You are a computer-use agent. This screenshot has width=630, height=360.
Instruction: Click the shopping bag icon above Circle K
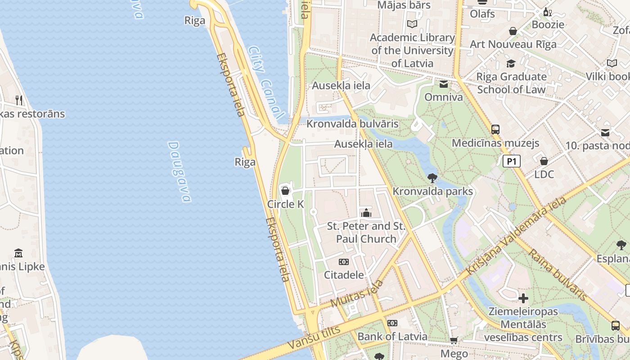tap(285, 191)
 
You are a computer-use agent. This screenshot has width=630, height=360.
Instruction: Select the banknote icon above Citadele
tap(344, 262)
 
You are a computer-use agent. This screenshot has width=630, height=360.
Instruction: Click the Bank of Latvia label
tap(392, 336)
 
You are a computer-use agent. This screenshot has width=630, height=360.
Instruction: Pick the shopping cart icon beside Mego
tap(454, 341)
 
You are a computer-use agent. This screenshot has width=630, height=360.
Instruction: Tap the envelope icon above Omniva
tap(444, 84)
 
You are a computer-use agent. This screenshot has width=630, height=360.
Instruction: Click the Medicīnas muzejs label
tap(495, 143)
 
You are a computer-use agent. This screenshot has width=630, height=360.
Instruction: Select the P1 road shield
tap(512, 161)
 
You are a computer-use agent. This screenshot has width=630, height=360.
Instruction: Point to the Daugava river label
tap(180, 172)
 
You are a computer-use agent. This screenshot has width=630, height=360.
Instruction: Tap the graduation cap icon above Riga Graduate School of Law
tap(511, 64)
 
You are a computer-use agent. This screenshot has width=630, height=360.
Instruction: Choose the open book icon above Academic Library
tap(412, 24)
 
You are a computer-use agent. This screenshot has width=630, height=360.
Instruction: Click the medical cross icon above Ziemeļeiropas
tap(523, 298)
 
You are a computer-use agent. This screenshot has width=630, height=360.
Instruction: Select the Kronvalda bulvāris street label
tap(353, 123)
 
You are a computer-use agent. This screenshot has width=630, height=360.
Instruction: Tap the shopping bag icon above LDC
tap(544, 161)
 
